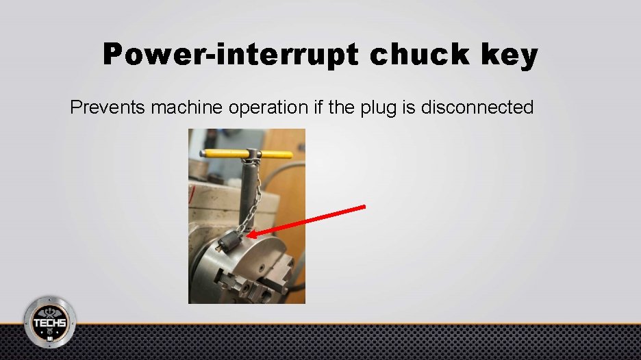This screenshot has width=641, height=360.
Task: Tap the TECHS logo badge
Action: point(50,320)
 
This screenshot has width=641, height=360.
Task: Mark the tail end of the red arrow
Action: point(364,206)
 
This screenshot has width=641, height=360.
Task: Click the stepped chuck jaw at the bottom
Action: point(253,291)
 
